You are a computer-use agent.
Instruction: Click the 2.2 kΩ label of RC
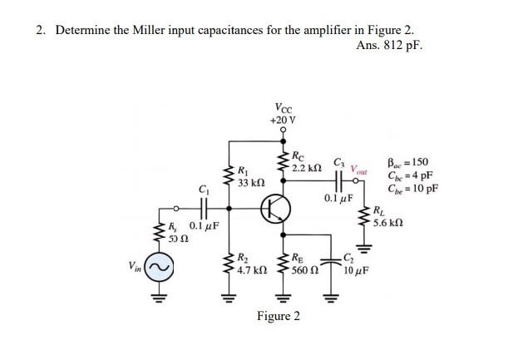306,168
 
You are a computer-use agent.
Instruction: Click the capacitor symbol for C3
340,181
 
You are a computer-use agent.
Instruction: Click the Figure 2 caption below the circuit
279,316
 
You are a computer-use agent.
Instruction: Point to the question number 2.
39,31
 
